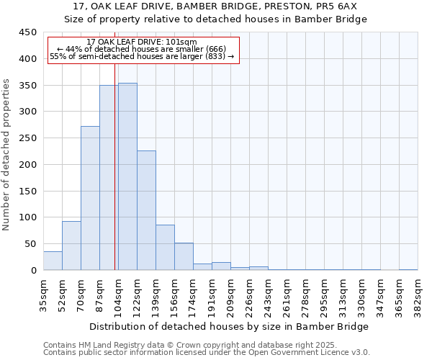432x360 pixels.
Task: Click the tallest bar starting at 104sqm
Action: [127, 176]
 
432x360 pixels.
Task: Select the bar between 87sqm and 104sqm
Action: [109, 178]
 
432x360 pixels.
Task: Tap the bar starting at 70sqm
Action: [90, 198]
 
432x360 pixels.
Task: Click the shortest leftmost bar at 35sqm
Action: [53, 261]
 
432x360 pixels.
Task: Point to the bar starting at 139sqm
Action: [165, 248]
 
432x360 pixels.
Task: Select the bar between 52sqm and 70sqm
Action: [71, 246]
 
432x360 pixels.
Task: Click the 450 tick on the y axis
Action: [28, 32]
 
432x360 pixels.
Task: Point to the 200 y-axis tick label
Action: [28, 165]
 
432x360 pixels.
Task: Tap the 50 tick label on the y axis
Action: [31, 244]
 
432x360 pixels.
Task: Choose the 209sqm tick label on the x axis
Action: [230, 294]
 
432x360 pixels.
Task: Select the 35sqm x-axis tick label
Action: [43, 294]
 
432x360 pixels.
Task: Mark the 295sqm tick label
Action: [324, 294]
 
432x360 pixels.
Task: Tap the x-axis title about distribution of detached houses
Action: [230, 326]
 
